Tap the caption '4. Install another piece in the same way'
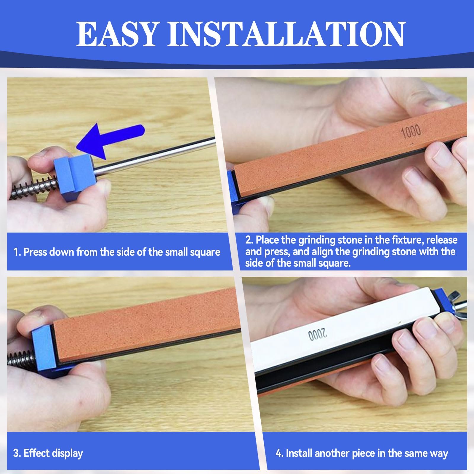[361, 454]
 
